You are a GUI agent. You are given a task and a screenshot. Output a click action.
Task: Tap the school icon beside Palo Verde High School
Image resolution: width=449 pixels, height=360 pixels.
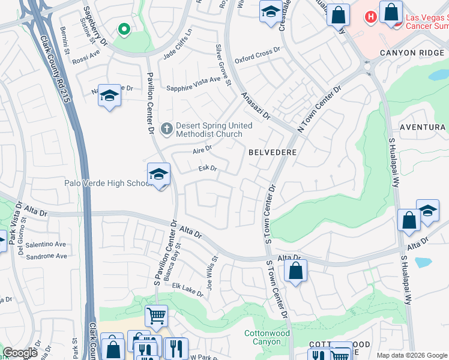(x=158, y=175)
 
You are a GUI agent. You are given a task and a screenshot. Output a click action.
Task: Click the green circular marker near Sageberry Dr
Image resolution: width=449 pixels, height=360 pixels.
(x=124, y=29)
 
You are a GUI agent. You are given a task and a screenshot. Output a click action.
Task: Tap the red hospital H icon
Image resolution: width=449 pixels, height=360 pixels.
(x=371, y=16)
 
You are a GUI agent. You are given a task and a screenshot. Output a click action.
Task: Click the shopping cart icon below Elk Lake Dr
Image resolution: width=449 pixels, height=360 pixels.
(x=156, y=314)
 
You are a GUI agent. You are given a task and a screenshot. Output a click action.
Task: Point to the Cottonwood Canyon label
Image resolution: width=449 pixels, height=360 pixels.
(x=267, y=337)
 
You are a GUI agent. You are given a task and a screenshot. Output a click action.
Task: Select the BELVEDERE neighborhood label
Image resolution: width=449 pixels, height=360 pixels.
(x=273, y=152)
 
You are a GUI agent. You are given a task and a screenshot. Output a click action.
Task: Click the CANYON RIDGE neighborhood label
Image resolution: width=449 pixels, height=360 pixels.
(x=414, y=53)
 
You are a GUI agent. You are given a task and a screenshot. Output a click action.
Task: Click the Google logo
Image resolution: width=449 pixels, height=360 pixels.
(x=20, y=353)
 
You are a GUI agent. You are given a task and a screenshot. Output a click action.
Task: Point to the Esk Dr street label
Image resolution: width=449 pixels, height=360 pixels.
(x=208, y=169)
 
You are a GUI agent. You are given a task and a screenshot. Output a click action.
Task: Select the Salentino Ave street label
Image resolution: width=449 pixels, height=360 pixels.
(x=46, y=244)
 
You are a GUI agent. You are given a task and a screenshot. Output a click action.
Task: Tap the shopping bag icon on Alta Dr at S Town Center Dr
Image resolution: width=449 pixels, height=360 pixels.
(x=296, y=271)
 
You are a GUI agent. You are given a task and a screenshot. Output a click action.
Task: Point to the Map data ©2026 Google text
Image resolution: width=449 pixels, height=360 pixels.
(x=412, y=355)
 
